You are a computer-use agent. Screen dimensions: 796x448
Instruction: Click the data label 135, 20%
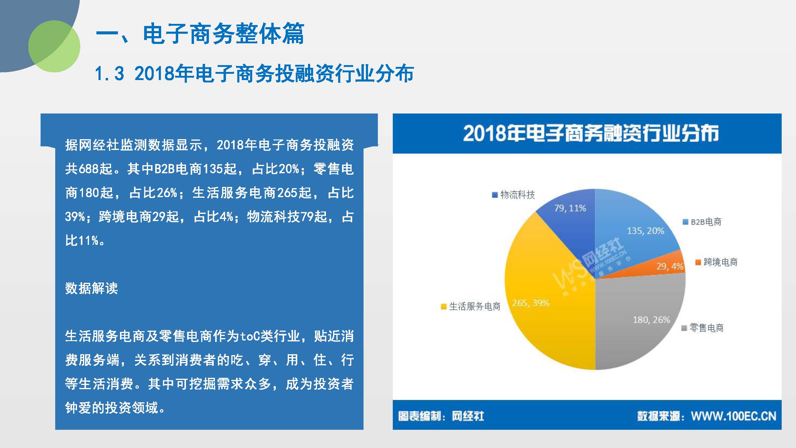click(x=646, y=231)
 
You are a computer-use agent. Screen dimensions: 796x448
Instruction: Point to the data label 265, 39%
click(x=531, y=303)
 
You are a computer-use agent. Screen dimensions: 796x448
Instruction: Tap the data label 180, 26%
click(x=651, y=320)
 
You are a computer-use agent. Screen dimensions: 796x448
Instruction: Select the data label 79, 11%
click(x=570, y=208)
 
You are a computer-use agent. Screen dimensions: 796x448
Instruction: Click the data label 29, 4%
click(x=670, y=266)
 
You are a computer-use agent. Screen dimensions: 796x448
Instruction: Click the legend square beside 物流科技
click(x=495, y=195)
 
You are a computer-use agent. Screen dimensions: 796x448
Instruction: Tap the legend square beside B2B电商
click(x=685, y=222)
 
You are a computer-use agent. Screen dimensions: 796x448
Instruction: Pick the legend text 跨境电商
click(x=720, y=262)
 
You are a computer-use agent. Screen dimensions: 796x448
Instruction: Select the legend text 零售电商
click(x=707, y=328)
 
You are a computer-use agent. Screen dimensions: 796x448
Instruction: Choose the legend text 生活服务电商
click(x=475, y=306)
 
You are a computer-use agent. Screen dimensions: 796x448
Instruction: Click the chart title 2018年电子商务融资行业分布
click(x=591, y=133)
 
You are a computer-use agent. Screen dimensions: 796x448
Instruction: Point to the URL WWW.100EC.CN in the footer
click(x=734, y=416)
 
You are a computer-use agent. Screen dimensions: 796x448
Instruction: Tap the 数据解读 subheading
click(x=91, y=288)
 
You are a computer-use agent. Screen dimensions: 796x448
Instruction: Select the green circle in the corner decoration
click(x=54, y=46)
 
